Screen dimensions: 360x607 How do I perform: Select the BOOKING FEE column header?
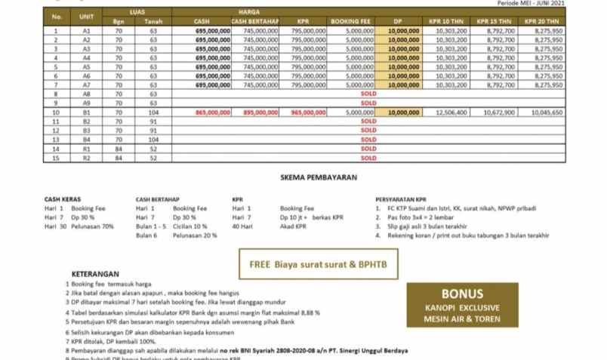pyautogui.click(x=349, y=22)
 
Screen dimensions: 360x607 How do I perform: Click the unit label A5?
pyautogui.click(x=86, y=66)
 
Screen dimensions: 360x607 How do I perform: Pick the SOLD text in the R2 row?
pyautogui.click(x=368, y=158)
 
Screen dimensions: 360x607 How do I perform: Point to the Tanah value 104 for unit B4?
pyautogui.click(x=153, y=140)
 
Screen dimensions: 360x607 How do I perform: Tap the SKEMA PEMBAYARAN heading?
pyautogui.click(x=318, y=178)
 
